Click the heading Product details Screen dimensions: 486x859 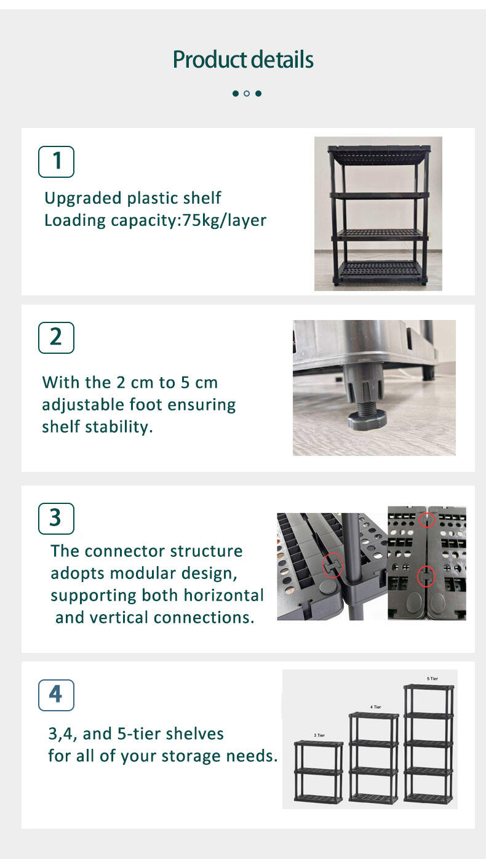[243, 60]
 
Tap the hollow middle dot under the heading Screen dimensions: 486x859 [247, 93]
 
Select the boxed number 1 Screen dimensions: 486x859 [57, 161]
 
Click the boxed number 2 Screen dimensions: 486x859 [57, 337]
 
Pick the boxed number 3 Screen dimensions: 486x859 [57, 519]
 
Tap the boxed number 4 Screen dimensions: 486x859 [57, 695]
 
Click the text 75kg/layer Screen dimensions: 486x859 [224, 221]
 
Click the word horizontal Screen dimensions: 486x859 [224, 596]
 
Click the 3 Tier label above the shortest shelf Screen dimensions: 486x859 [319, 735]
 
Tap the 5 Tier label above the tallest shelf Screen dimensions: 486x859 [432, 678]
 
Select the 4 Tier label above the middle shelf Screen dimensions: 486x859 [376, 707]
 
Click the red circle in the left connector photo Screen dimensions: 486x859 [333, 565]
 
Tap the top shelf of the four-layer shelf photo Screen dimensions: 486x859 [380, 154]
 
